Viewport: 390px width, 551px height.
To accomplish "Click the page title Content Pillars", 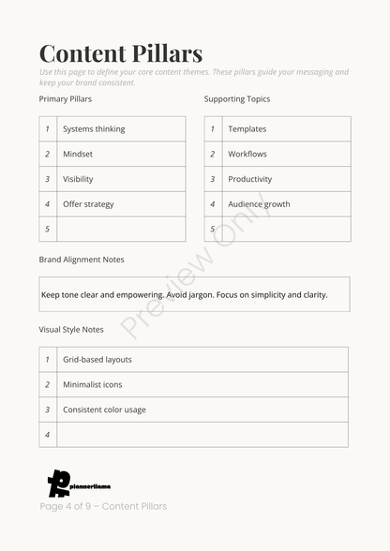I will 121,53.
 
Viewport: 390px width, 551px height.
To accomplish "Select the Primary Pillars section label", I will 66,98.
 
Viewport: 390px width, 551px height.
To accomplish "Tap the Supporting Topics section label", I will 237,98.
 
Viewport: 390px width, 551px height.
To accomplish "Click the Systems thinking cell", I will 94,129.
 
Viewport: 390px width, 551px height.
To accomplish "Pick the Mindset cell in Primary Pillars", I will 78,154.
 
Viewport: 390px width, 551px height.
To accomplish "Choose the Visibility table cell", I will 78,179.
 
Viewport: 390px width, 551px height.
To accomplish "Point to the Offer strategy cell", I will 88,204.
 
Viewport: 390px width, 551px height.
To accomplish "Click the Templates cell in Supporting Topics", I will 247,129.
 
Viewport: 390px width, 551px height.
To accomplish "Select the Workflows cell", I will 247,154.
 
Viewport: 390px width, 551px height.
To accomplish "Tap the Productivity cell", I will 250,179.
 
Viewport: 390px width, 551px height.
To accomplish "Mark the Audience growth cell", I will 259,204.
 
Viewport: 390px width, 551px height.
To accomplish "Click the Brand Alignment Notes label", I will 82,260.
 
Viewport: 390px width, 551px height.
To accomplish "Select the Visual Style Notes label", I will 71,330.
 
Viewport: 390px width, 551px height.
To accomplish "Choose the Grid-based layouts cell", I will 97,360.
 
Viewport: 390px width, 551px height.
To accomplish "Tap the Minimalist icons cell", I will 93,384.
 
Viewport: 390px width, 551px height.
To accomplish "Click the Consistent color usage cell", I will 104,410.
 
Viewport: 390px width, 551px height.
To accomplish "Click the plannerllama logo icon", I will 58,483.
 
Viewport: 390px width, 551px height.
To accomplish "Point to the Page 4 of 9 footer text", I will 103,506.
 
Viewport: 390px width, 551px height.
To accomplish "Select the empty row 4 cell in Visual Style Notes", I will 202,435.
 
